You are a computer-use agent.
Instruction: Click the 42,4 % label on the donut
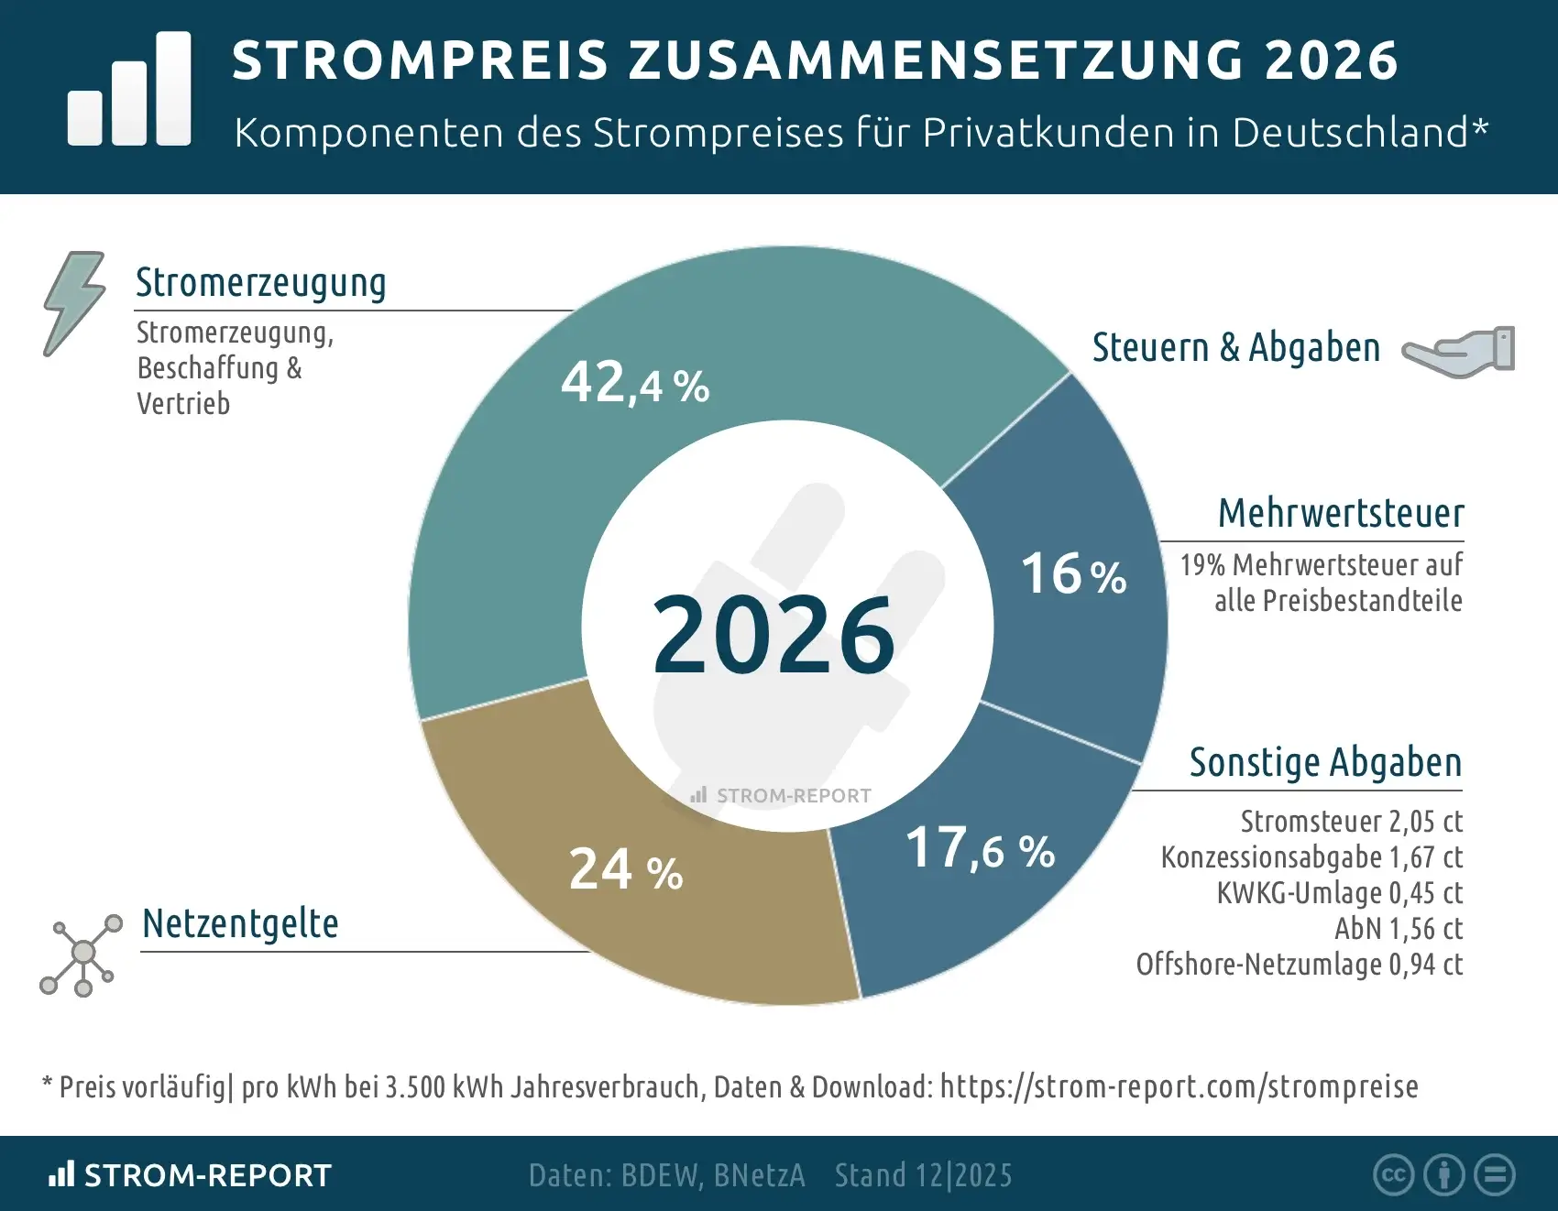[x=635, y=383]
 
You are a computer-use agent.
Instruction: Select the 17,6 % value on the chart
[x=980, y=848]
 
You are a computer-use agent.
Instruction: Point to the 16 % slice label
[x=1073, y=574]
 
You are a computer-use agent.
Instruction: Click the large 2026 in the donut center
[x=774, y=634]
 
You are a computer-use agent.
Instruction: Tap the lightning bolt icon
[x=73, y=302]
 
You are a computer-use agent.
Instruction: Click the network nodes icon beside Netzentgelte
[x=82, y=955]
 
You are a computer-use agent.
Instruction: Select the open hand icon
[x=1459, y=350]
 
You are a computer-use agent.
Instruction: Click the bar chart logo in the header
[x=129, y=89]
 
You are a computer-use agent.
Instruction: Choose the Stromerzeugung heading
[x=260, y=283]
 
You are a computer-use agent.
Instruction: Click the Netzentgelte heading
[x=240, y=923]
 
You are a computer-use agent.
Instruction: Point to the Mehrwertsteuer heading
[x=1341, y=513]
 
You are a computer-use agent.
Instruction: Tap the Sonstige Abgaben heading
[x=1325, y=762]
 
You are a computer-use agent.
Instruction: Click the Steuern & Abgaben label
[x=1235, y=348]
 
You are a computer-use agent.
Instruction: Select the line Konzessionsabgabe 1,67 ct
[x=1311, y=857]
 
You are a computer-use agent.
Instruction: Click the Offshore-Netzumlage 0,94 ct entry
[x=1299, y=965]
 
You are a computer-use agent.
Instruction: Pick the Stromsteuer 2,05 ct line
[x=1351, y=822]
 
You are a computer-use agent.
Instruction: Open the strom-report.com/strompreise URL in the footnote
[x=1179, y=1086]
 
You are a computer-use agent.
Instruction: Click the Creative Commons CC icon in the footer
[x=1393, y=1175]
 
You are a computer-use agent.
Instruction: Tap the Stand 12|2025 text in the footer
[x=923, y=1175]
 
